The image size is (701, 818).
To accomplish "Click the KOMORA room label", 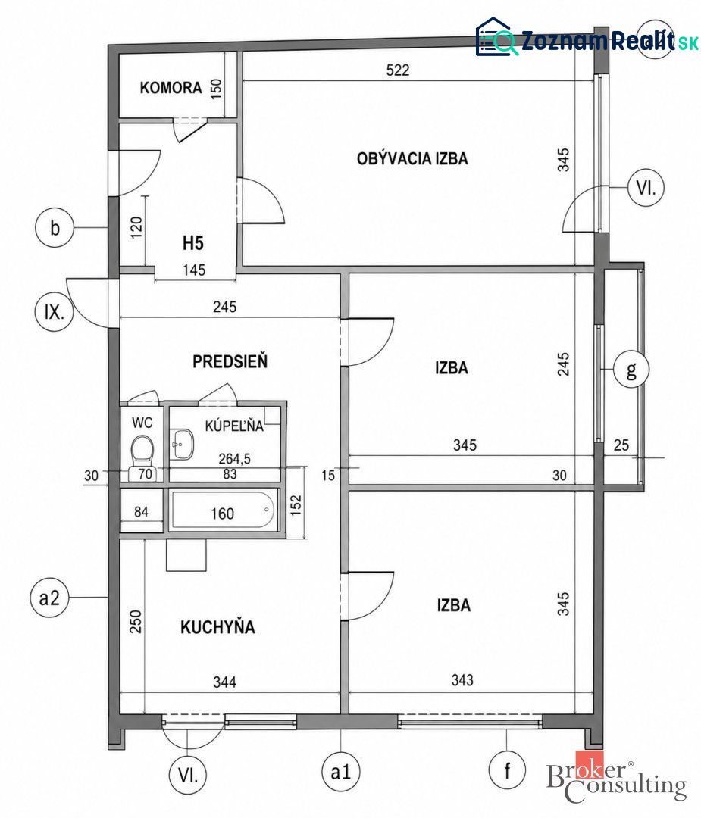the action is (171, 88).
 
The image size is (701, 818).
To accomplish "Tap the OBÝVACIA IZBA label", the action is (412, 158).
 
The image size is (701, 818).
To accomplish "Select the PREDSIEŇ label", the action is (230, 361).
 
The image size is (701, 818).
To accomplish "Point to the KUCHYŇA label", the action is (217, 626).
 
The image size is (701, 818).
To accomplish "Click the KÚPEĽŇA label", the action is (234, 426).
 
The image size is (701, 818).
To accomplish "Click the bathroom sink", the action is (183, 445).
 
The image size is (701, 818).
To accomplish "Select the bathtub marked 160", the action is (223, 510).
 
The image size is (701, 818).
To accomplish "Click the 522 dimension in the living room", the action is (398, 70).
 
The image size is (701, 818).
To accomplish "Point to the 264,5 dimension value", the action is (234, 458).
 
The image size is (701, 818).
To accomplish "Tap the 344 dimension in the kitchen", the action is (224, 682).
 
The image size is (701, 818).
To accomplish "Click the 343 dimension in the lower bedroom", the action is (462, 679).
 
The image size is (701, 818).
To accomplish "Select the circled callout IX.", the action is (55, 312).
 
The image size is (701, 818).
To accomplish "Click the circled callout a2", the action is (49, 598).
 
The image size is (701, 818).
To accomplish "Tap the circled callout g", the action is (631, 369).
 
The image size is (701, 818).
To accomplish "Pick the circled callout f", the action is (507, 770).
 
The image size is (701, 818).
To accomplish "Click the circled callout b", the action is (55, 228).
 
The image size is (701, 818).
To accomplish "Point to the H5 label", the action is (192, 242).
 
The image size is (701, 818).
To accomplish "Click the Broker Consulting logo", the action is (616, 777).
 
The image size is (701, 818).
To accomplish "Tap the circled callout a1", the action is (341, 772).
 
